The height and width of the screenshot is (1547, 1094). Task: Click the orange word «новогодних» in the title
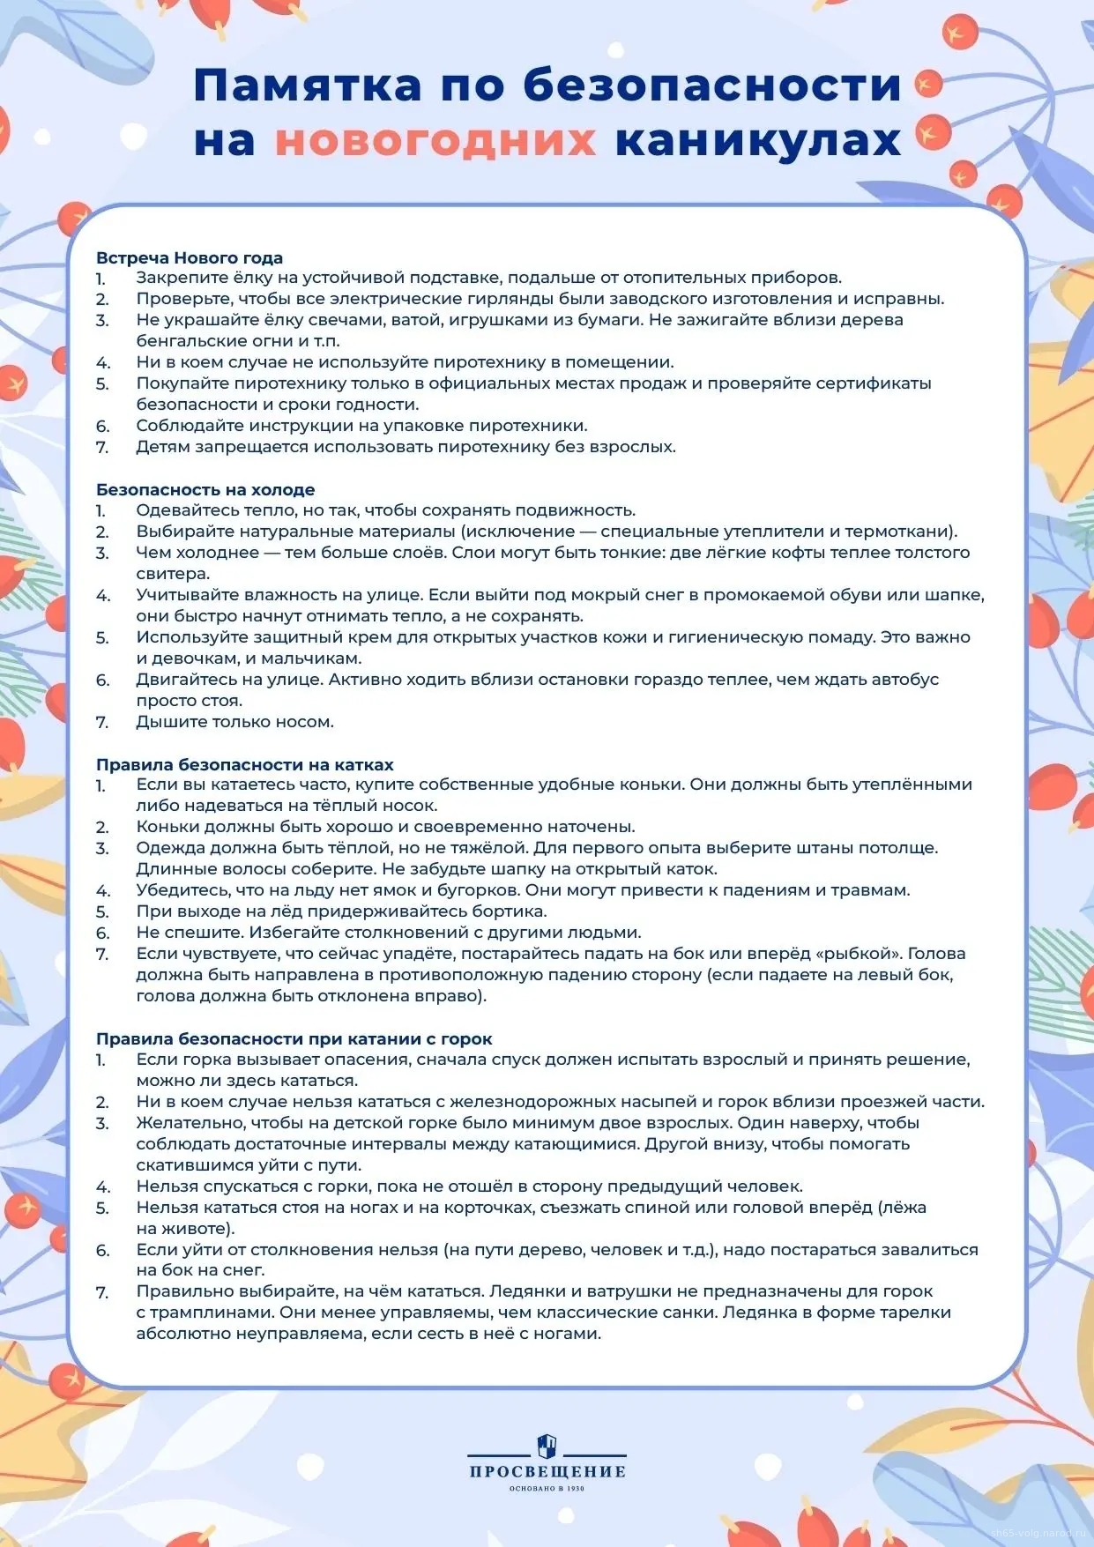tap(435, 141)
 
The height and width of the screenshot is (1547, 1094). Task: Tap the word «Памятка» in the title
tap(308, 86)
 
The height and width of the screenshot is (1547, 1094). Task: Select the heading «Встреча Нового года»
tap(190, 257)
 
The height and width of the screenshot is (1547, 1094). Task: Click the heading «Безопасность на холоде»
tap(205, 489)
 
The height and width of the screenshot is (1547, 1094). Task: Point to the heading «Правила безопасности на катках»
tap(245, 764)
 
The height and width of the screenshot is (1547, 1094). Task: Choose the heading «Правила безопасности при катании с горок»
tap(294, 1038)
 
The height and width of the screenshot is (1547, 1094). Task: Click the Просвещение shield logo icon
tap(547, 1446)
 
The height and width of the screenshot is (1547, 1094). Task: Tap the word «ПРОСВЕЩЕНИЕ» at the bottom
tap(547, 1471)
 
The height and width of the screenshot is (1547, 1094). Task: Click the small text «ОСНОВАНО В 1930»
tap(547, 1489)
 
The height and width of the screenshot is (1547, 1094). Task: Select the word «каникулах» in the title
tap(758, 141)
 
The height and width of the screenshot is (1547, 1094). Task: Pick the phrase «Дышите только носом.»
tap(234, 722)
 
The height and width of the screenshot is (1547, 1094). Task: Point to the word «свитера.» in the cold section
tap(173, 574)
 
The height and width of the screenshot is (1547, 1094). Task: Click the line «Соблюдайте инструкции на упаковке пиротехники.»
tap(361, 426)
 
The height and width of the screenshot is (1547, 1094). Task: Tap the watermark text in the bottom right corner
tap(1039, 1534)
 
